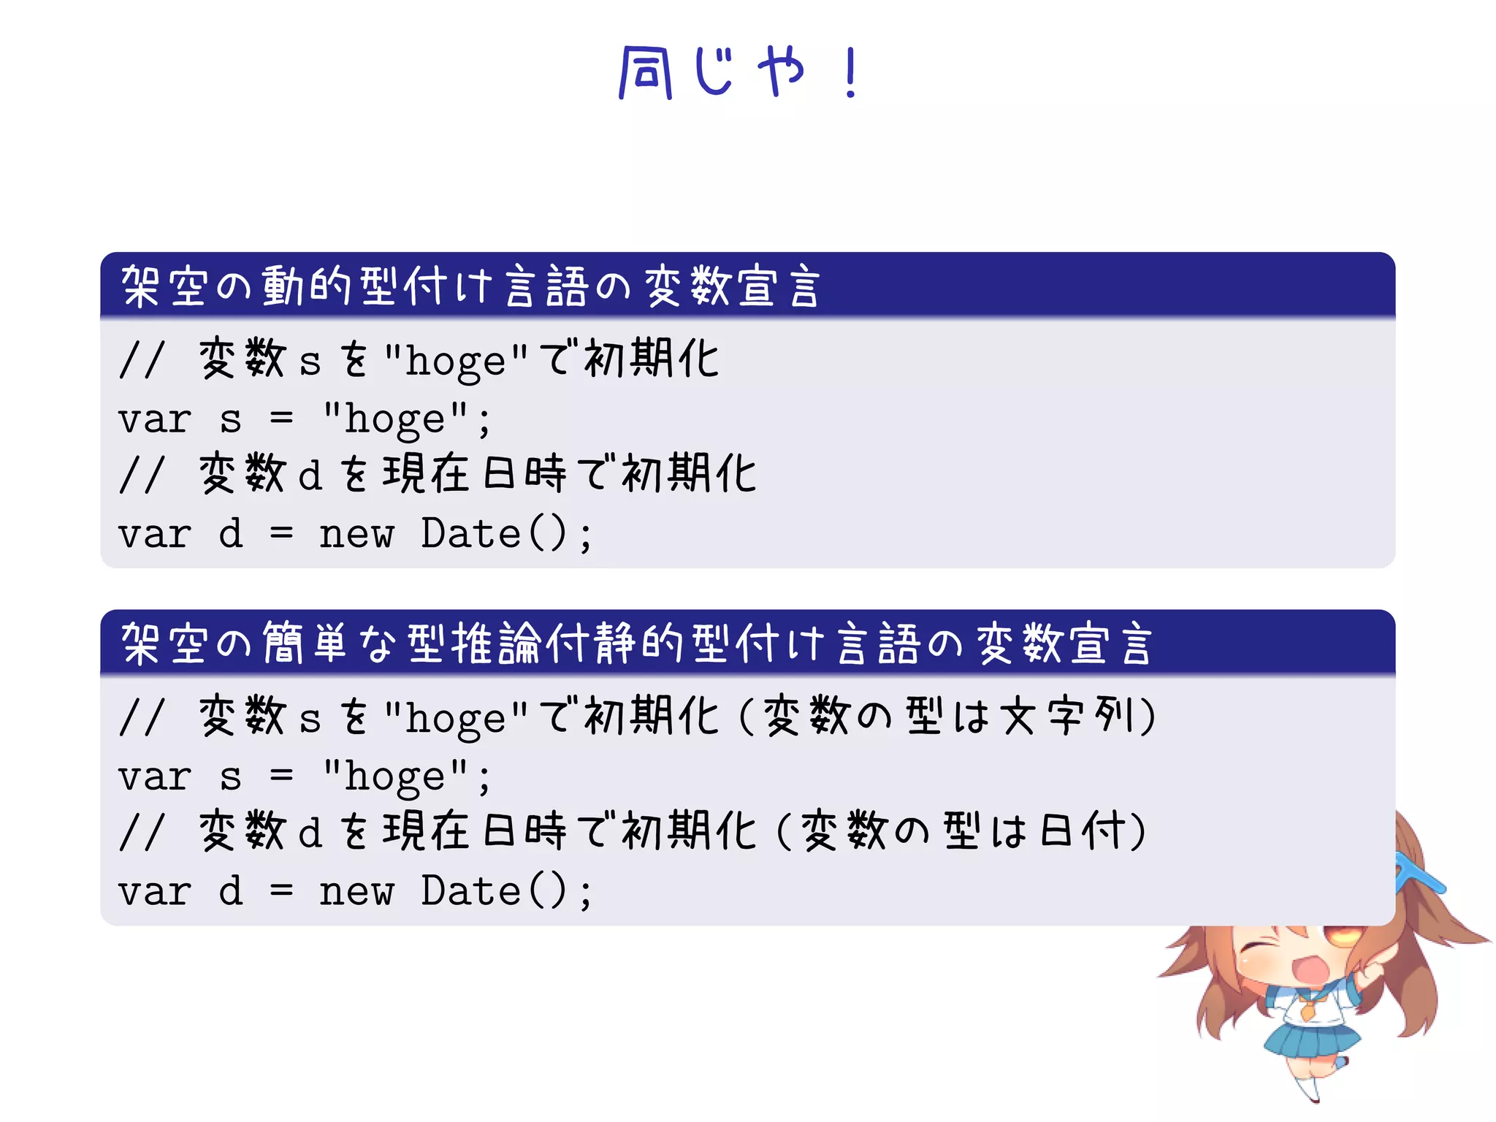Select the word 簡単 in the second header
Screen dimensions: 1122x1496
tap(305, 644)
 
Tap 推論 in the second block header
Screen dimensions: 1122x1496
tap(496, 644)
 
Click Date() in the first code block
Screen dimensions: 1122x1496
tap(494, 533)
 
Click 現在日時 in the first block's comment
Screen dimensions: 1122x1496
tap(474, 473)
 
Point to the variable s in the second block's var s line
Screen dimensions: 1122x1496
tap(230, 776)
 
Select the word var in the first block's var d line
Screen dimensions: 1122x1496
tap(155, 534)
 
